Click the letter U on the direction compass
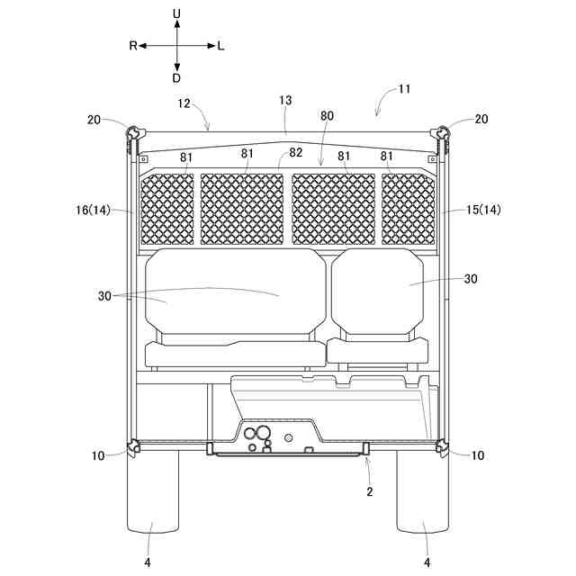tap(176, 14)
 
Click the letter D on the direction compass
tap(176, 78)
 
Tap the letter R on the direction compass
tap(133, 46)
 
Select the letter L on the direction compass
tap(220, 46)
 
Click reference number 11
tap(404, 89)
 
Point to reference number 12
tap(184, 103)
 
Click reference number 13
tap(285, 100)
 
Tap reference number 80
tap(327, 116)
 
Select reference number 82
tap(296, 152)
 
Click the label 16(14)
tap(94, 210)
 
